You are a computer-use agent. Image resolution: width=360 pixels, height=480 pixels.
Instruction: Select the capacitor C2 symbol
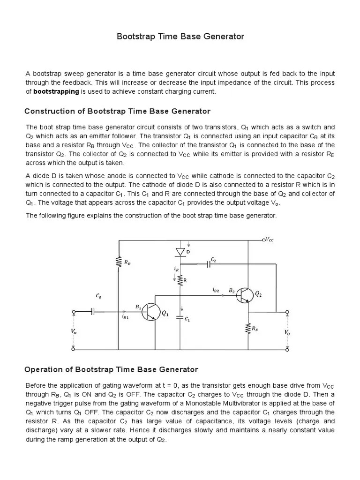coord(209,264)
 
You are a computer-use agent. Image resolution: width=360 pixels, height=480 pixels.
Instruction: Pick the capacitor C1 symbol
coord(180,318)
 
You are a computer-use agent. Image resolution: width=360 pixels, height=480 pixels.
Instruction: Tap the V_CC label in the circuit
coord(269,240)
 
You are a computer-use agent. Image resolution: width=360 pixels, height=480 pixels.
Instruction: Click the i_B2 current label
coord(216,291)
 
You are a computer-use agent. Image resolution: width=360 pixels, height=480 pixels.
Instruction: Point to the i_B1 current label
coord(125,317)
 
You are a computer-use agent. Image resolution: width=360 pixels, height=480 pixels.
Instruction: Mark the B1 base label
coord(138,307)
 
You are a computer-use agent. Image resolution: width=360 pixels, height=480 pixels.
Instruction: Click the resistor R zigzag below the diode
coord(180,280)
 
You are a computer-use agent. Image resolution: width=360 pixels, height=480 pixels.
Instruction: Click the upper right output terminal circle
coord(287,311)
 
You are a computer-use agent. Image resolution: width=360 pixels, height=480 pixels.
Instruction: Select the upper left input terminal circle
coord(73,311)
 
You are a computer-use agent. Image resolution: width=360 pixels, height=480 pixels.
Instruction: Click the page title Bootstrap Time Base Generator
coord(180,37)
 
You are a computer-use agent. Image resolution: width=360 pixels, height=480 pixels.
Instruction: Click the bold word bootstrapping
coord(56,91)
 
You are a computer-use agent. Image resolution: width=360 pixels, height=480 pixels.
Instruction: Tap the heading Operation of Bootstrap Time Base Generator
coord(111,369)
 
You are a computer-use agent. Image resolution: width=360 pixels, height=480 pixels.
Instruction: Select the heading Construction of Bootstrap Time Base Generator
coord(117,111)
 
